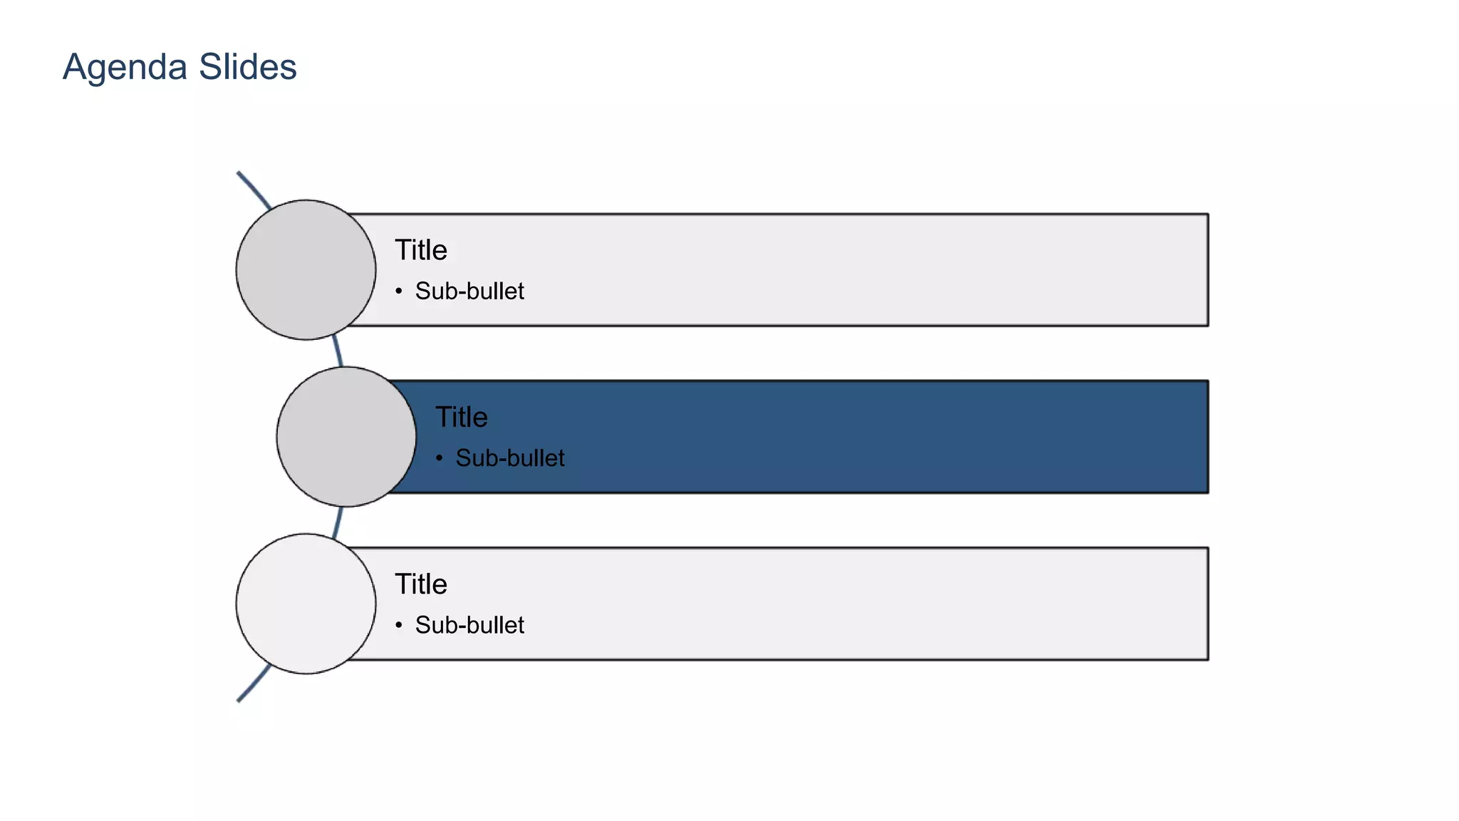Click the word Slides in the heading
click(248, 67)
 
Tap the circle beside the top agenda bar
click(306, 269)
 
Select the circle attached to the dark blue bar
click(346, 436)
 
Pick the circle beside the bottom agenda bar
click(306, 604)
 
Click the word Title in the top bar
click(421, 250)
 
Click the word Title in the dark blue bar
click(462, 417)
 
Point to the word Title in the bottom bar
click(421, 584)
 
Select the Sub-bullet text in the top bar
click(469, 291)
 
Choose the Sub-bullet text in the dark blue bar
click(510, 458)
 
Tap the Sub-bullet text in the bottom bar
click(469, 625)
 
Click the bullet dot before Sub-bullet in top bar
click(399, 291)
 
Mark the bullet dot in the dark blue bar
click(440, 458)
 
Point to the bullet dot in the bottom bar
click(399, 625)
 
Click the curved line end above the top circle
click(240, 175)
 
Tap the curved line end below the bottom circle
click(240, 699)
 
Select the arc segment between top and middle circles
click(338, 353)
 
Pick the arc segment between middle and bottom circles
click(338, 521)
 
